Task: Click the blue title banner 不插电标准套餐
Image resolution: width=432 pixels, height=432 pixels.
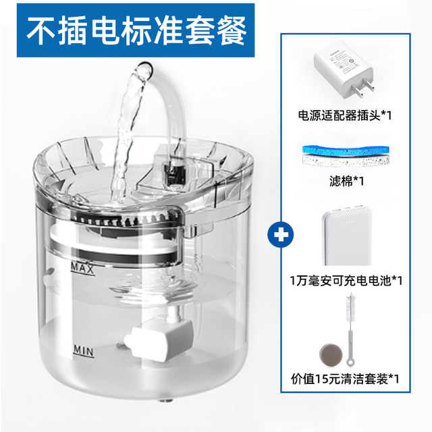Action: pos(132,29)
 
